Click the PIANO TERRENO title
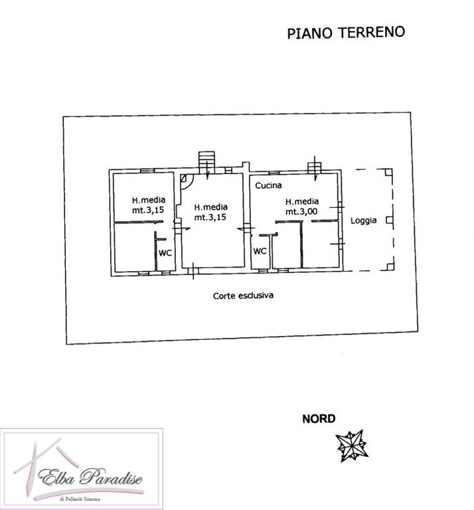[346, 33]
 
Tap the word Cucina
[268, 185]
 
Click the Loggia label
[363, 220]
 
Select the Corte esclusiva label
[243, 296]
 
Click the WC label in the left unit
[165, 253]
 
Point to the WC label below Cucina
[260, 251]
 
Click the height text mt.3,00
[301, 212]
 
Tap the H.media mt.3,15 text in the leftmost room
[148, 205]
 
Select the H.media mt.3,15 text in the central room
[210, 212]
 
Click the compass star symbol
[352, 445]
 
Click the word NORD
[319, 418]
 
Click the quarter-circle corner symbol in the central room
[187, 181]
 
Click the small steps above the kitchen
[315, 167]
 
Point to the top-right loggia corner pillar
[389, 172]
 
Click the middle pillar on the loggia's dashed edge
[389, 220]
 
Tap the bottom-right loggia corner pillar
[390, 267]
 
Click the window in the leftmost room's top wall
[147, 171]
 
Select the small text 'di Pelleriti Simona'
[80, 499]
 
